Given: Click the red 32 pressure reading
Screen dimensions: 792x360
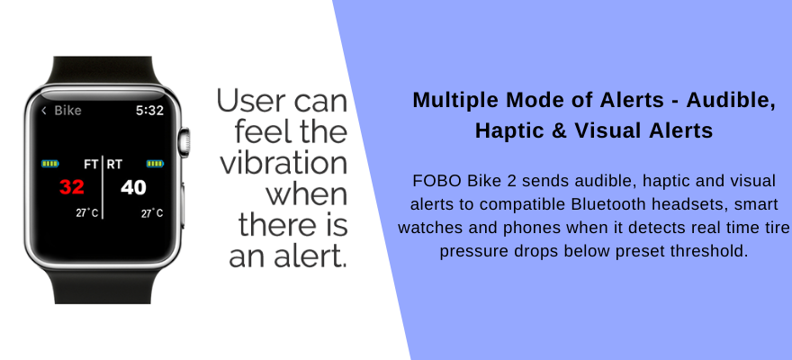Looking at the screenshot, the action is coord(72,187).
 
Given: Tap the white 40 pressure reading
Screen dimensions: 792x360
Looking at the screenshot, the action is coord(133,187).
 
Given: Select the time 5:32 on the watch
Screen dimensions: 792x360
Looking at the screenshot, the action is coord(149,111).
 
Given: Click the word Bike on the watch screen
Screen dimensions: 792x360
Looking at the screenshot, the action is coord(67,111).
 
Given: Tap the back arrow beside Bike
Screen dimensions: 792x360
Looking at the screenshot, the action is coord(44,111).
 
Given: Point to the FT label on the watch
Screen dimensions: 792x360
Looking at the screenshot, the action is coord(91,164).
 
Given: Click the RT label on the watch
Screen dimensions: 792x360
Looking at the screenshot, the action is coord(114,164).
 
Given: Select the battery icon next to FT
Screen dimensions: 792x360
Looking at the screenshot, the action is coord(50,164).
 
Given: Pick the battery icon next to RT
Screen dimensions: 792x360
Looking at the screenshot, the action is coord(155,164).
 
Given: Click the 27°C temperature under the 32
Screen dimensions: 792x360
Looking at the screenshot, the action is coord(87,213).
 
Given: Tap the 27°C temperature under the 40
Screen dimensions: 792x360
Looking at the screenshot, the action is coord(152,213).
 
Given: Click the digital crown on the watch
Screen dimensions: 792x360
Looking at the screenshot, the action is coord(184,142).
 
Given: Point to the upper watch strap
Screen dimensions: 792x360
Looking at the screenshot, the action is coord(102,71).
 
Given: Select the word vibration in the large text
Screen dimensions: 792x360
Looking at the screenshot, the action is coord(283,164).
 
